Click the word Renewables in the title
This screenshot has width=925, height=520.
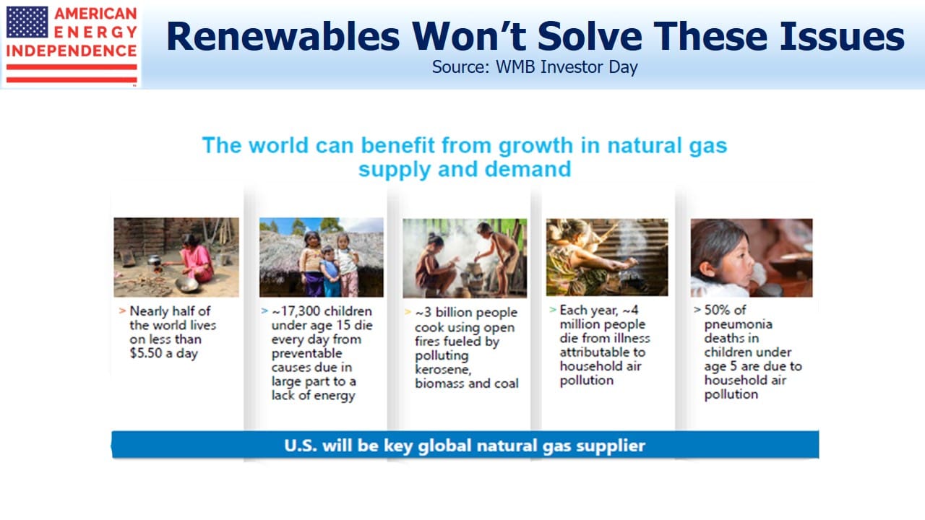click(283, 36)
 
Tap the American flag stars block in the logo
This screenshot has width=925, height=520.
click(27, 22)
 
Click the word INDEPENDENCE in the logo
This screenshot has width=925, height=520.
click(72, 51)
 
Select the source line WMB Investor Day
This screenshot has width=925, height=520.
click(535, 67)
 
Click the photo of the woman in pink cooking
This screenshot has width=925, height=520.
click(176, 257)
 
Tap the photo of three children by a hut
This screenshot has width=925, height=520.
click(322, 257)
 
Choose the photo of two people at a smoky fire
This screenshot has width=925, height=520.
click(465, 258)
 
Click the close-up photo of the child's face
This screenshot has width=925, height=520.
click(752, 258)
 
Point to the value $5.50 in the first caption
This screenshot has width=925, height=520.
click(146, 353)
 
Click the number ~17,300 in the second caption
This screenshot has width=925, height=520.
click(295, 311)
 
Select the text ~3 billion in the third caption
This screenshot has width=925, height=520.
click(442, 313)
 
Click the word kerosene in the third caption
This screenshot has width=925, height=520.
click(443, 369)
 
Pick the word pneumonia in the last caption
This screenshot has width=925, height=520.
click(739, 324)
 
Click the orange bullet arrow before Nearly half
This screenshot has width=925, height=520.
click(122, 311)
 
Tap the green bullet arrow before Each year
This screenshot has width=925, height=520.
click(553, 310)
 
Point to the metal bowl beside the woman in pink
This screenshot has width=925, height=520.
click(186, 285)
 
